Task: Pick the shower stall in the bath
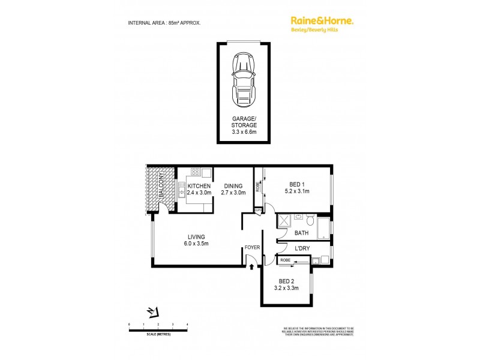(x=284, y=221)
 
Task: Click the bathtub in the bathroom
(x=323, y=227)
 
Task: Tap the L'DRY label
(x=302, y=247)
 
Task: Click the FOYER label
(x=251, y=247)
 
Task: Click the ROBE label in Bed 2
(x=286, y=260)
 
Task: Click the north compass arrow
(x=154, y=311)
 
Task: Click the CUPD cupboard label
(x=257, y=210)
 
